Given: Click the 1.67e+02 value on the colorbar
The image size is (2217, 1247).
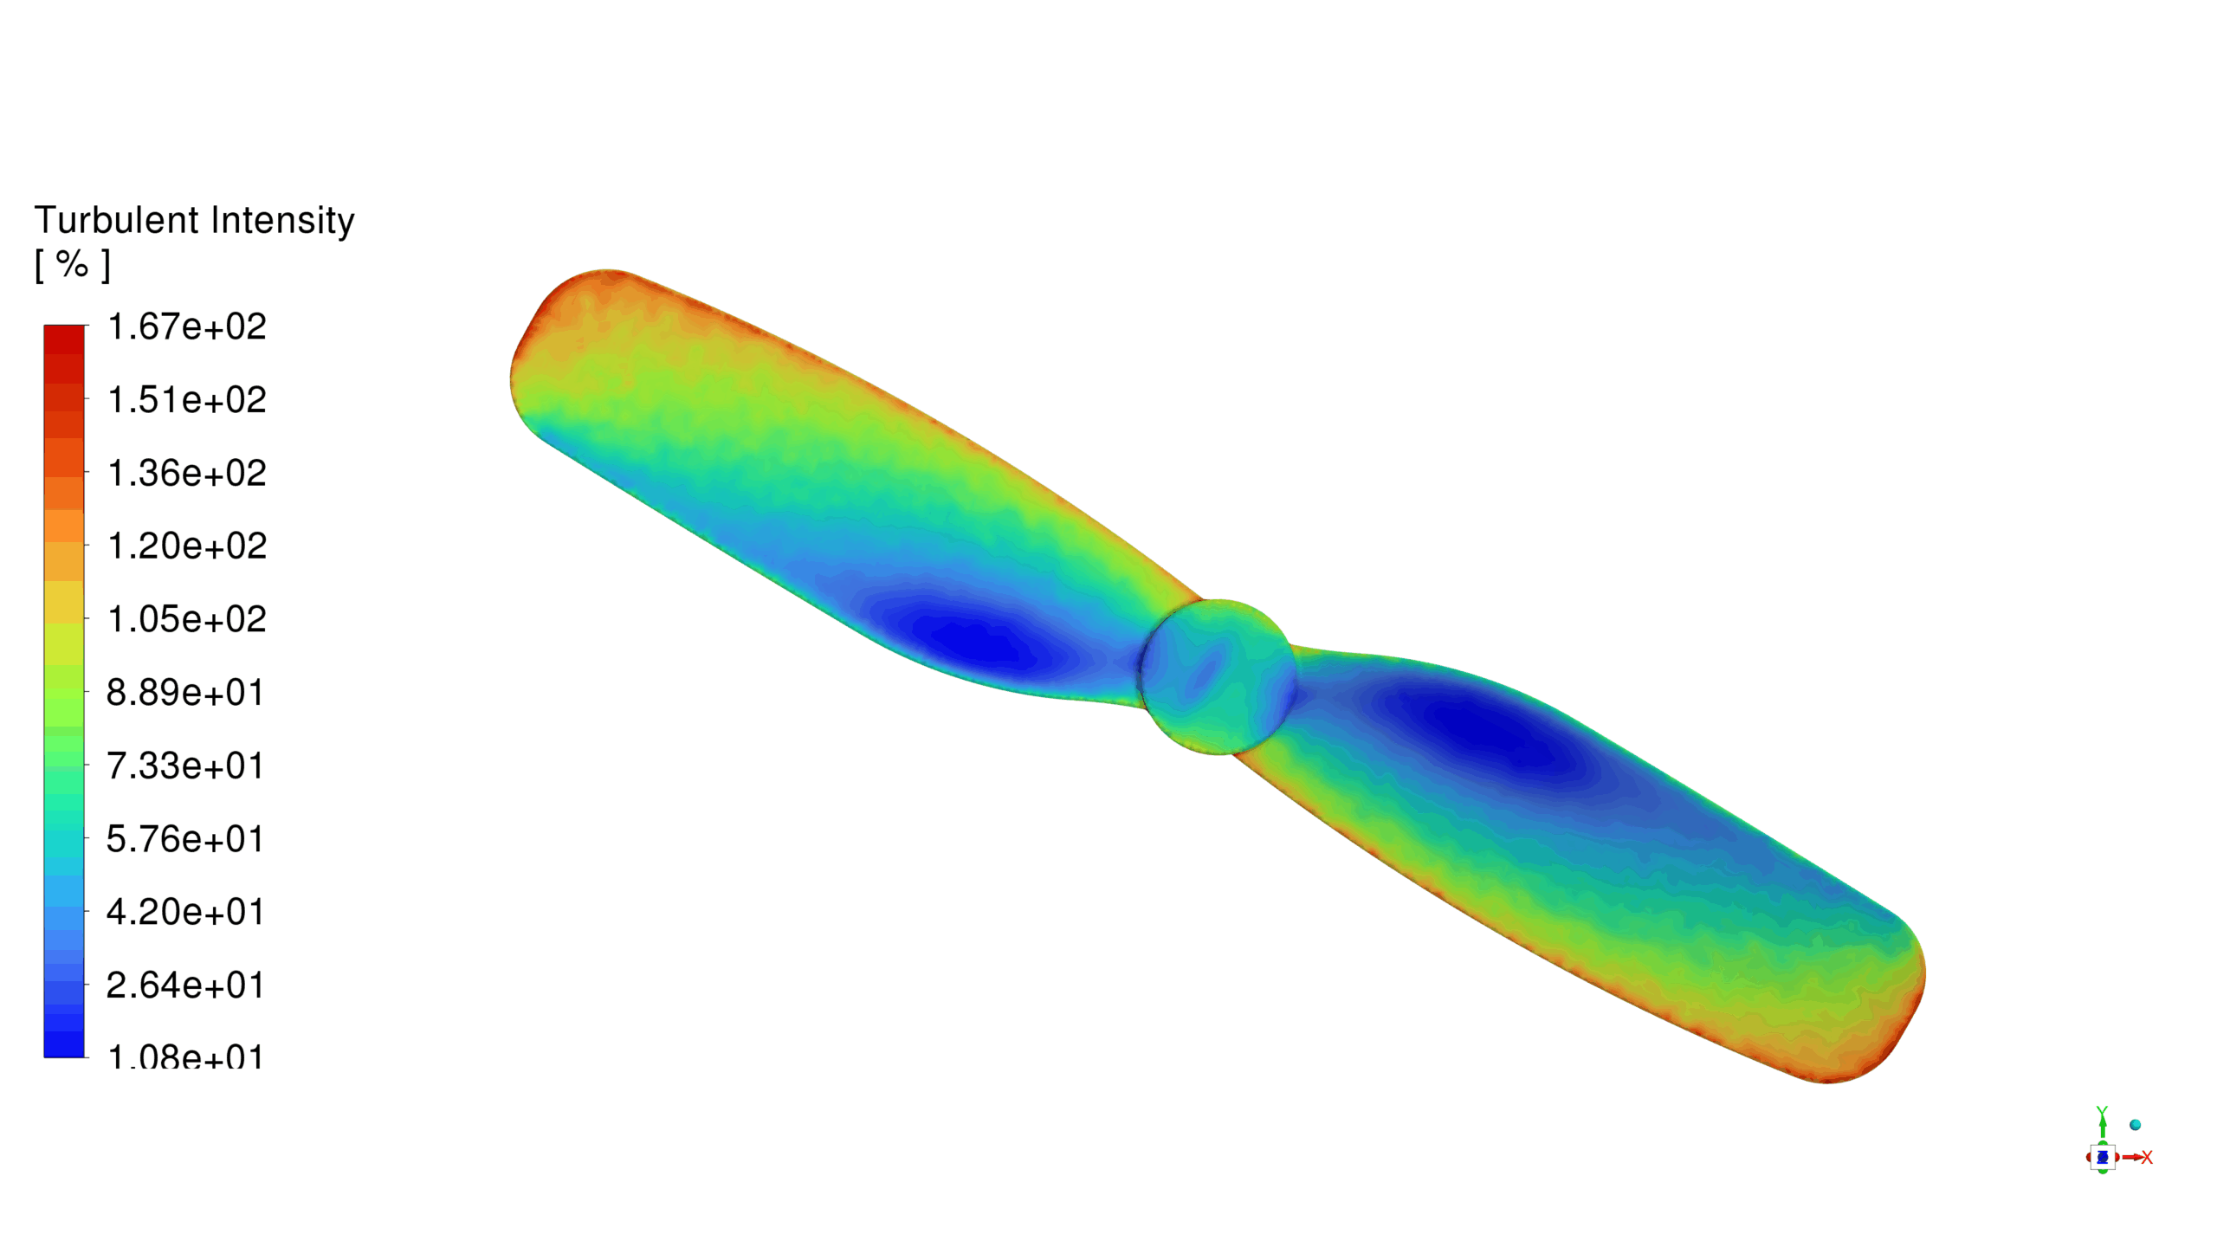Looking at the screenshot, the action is (186, 327).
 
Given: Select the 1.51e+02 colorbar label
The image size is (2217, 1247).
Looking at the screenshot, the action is (186, 400).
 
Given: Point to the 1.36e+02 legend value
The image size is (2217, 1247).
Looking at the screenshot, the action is (186, 474).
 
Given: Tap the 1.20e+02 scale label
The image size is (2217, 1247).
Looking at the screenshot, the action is (186, 546).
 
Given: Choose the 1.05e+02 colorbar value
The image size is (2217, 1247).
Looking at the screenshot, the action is (186, 620).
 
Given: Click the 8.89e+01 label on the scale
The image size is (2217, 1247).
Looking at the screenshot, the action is (184, 693).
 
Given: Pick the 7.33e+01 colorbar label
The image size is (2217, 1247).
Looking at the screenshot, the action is (184, 766).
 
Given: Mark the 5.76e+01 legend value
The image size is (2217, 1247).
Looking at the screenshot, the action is (184, 839).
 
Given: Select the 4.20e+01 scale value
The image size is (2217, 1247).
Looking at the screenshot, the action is (184, 913).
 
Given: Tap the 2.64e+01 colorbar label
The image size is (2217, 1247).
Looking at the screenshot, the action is (184, 985).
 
